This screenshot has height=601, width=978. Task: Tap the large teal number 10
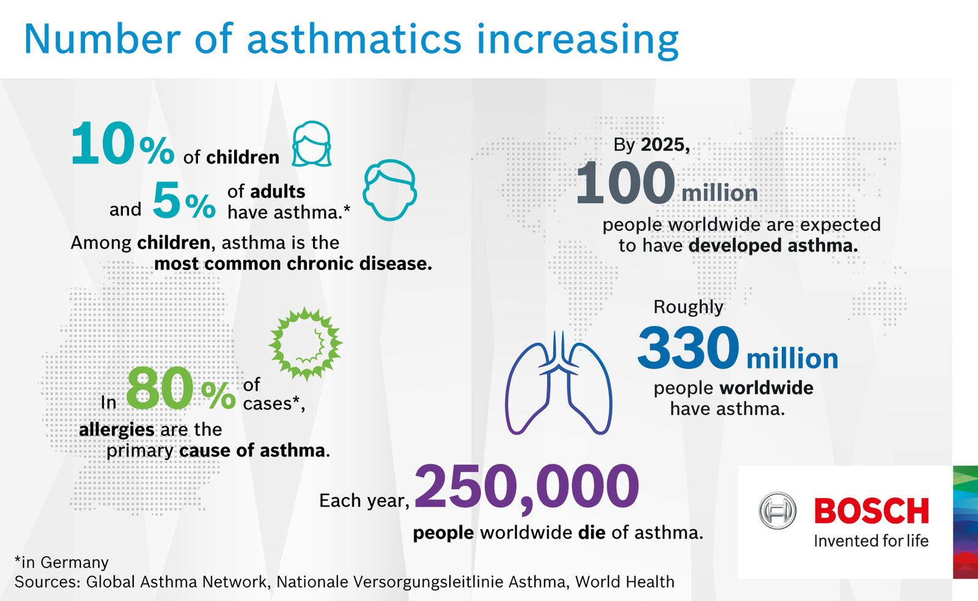(x=103, y=143)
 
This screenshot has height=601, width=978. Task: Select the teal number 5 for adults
(x=166, y=201)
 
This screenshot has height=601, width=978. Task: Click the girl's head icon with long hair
(x=311, y=144)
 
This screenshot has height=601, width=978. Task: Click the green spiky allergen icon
(x=306, y=344)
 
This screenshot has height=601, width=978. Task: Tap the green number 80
(x=160, y=388)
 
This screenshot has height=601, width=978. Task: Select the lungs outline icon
(x=559, y=383)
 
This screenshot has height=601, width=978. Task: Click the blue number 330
(x=688, y=348)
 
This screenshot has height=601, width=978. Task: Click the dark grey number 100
(x=625, y=183)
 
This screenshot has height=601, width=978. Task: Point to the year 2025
(x=666, y=144)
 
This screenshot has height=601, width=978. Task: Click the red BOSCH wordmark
(x=872, y=510)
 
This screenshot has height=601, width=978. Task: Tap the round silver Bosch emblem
(x=777, y=510)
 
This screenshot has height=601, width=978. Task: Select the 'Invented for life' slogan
(x=871, y=541)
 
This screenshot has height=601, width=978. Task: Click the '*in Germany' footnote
(x=62, y=562)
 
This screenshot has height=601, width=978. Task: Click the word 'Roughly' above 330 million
(x=688, y=307)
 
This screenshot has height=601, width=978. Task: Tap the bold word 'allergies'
(x=117, y=430)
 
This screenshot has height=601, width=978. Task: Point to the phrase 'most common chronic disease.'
(x=293, y=264)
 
